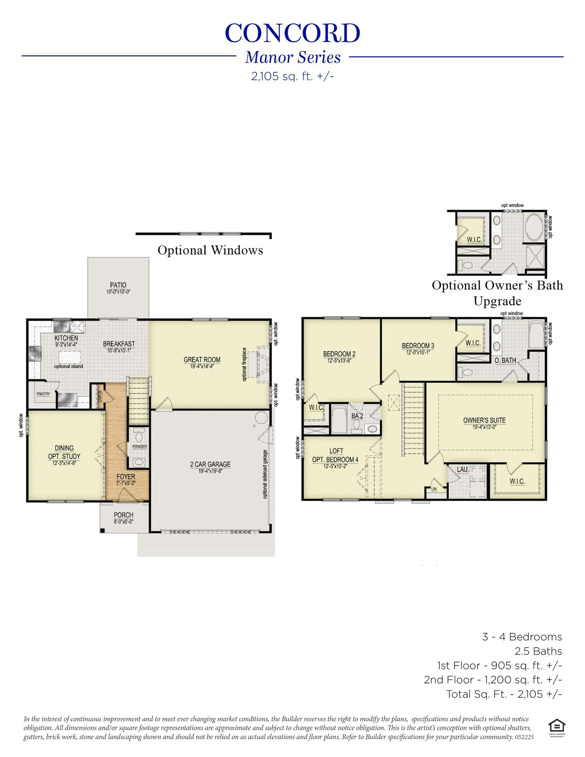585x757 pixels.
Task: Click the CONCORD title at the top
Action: (292, 33)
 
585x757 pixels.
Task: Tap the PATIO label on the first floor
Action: (118, 285)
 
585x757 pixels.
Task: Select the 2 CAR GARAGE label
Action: (210, 464)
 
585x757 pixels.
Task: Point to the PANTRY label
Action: (43, 394)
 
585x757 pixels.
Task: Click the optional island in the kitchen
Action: (69, 357)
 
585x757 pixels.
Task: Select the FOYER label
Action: (126, 477)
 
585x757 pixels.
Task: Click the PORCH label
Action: (123, 515)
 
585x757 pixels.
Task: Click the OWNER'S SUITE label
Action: (484, 421)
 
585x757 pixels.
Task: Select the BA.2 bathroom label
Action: (357, 416)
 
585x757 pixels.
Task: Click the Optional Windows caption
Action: (210, 250)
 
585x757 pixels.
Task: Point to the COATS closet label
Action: (100, 397)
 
